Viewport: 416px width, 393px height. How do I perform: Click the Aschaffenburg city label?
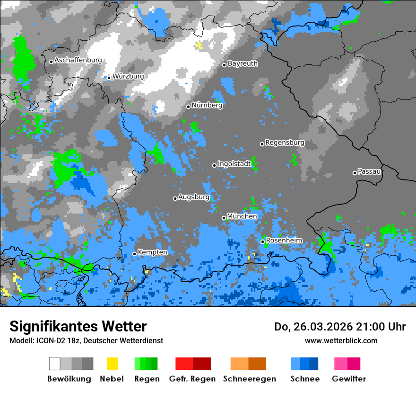point(78,61)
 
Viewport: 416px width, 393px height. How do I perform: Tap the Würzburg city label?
point(128,76)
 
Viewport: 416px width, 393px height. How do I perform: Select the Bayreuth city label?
point(243,63)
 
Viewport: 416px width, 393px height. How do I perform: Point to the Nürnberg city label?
point(207,106)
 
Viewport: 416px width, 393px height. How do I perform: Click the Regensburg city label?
point(285,143)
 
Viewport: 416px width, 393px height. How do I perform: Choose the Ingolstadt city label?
point(234,164)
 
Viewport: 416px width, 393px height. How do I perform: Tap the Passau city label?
point(369,171)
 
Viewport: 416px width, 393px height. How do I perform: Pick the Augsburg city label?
point(193,197)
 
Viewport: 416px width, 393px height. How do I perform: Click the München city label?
point(242,216)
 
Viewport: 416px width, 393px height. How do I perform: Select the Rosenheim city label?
point(284,241)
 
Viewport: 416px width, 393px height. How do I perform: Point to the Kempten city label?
point(152,252)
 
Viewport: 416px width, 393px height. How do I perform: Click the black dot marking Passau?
point(355,173)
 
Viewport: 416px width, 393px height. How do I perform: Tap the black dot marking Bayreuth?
point(225,65)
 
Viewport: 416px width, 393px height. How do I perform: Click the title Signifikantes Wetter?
point(78,326)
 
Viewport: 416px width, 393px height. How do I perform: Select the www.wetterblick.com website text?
point(341,340)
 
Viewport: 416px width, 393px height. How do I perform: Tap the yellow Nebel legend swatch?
point(112,364)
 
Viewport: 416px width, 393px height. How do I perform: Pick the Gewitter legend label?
point(348,379)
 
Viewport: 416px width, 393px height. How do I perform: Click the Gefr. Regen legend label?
point(192,379)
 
